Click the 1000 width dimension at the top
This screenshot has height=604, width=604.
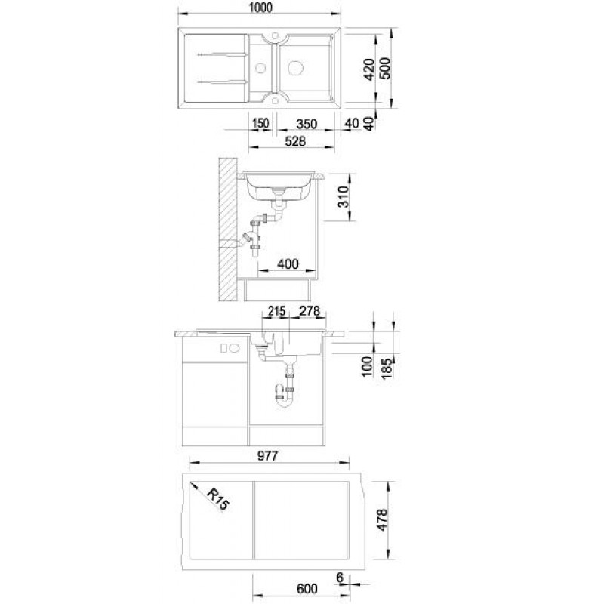[x=260, y=8]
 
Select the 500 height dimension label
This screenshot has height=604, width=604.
[x=384, y=68]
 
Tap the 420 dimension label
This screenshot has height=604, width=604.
[x=369, y=69]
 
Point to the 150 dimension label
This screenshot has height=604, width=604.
[x=260, y=124]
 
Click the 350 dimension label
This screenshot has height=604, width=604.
[x=307, y=124]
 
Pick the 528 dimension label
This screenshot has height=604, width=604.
[x=295, y=141]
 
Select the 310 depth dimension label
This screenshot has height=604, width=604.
[x=343, y=196]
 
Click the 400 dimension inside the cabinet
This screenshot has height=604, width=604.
[x=288, y=263]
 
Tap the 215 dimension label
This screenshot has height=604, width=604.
[x=276, y=311]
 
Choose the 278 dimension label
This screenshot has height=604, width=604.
[x=310, y=311]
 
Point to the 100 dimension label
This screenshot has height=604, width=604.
[x=368, y=366]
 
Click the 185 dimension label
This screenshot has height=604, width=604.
[x=387, y=368]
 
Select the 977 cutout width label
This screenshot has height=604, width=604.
[x=267, y=456]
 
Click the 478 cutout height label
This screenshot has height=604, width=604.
[x=382, y=519]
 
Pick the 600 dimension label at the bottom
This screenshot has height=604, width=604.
[x=307, y=589]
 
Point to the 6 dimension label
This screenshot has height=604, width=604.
[x=339, y=577]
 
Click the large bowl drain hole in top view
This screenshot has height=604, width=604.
[x=296, y=68]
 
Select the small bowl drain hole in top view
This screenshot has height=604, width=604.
[x=260, y=68]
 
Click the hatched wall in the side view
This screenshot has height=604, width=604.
[x=227, y=230]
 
